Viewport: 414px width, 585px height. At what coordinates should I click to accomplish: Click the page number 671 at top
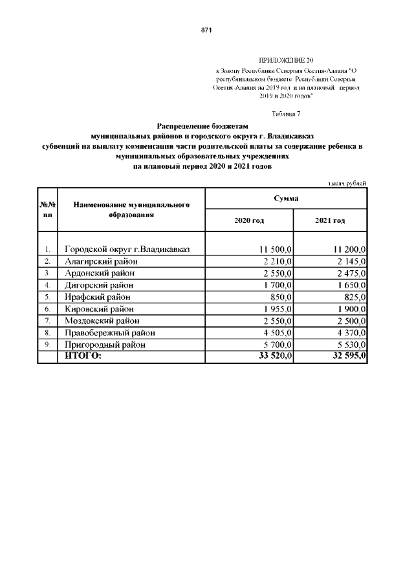click(207, 30)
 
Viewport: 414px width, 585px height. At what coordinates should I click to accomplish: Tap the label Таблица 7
click(285, 114)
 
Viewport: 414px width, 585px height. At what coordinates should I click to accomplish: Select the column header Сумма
click(285, 198)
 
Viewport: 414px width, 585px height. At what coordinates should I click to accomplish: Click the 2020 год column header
click(249, 220)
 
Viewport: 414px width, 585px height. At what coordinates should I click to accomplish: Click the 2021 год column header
click(330, 220)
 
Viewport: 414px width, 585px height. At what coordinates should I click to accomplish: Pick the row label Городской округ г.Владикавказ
click(127, 249)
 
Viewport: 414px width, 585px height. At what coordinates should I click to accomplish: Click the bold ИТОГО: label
click(83, 356)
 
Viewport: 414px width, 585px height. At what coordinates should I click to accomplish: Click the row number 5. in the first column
click(47, 297)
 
